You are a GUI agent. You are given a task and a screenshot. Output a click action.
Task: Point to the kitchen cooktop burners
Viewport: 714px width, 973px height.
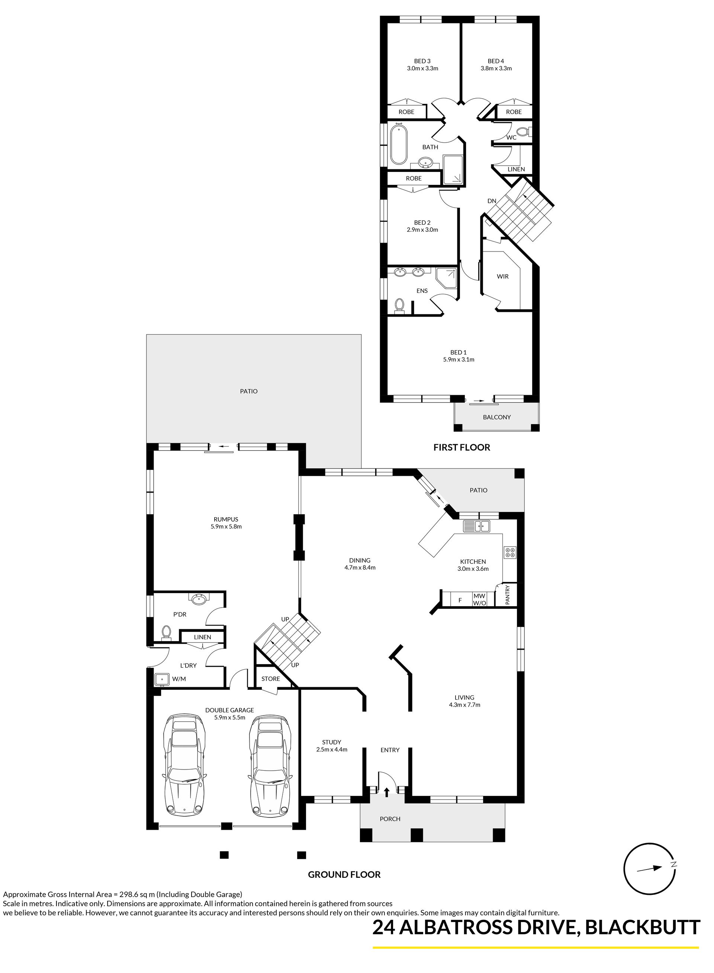click(x=509, y=552)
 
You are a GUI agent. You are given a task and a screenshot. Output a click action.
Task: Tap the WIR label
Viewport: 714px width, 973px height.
click(x=503, y=276)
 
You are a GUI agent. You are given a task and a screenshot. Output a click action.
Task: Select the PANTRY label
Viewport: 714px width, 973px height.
click(x=508, y=595)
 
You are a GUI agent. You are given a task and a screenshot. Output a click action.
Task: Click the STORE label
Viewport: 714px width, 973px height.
click(x=271, y=679)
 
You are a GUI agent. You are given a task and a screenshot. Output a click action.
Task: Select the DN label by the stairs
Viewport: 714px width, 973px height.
click(x=492, y=201)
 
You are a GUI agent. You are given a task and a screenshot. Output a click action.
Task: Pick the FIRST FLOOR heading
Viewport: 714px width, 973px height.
click(x=461, y=448)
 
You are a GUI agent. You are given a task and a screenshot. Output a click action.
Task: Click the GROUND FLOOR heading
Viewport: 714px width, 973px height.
click(x=344, y=874)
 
